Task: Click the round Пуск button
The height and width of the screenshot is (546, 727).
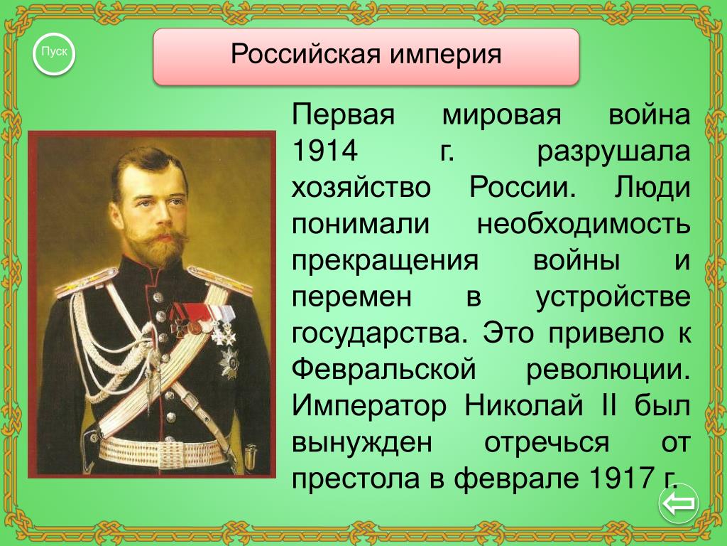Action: (x=54, y=54)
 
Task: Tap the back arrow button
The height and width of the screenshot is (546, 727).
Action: (x=678, y=503)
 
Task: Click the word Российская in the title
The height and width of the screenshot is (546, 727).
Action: (x=305, y=54)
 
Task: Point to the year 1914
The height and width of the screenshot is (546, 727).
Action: (x=324, y=151)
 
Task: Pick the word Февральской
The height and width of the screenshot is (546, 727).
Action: (x=384, y=370)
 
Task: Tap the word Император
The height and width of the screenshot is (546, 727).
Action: (x=369, y=406)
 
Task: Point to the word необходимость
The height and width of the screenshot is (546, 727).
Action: (x=584, y=224)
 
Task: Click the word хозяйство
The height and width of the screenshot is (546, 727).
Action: (x=361, y=188)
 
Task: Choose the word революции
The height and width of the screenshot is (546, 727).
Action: (x=608, y=370)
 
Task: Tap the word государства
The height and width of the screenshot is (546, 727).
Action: (x=378, y=334)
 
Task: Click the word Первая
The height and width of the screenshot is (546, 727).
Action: (x=343, y=115)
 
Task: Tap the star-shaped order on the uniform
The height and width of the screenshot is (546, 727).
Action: (x=229, y=362)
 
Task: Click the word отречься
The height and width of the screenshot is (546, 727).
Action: (x=547, y=443)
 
